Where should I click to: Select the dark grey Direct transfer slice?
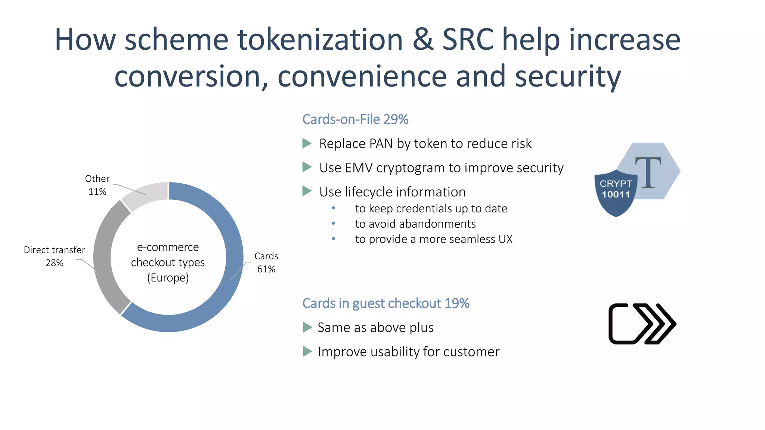(x=102, y=258)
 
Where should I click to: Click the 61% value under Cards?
(x=266, y=269)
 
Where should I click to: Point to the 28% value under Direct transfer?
(x=55, y=263)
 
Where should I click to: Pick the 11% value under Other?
(x=97, y=192)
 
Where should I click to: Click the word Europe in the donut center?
(x=168, y=278)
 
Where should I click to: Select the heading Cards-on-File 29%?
(x=355, y=119)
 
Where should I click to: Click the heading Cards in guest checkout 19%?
(x=385, y=303)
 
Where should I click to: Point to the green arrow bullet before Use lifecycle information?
(x=307, y=191)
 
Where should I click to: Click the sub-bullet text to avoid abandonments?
(x=415, y=224)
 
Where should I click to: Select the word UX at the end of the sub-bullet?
(x=505, y=239)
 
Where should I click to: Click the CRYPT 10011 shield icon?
(x=615, y=192)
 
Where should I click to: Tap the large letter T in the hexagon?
(x=648, y=172)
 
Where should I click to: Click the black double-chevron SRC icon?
(x=642, y=324)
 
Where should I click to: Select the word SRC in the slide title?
(x=468, y=40)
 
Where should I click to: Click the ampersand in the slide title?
(x=422, y=40)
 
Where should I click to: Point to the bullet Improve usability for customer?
(x=408, y=352)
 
